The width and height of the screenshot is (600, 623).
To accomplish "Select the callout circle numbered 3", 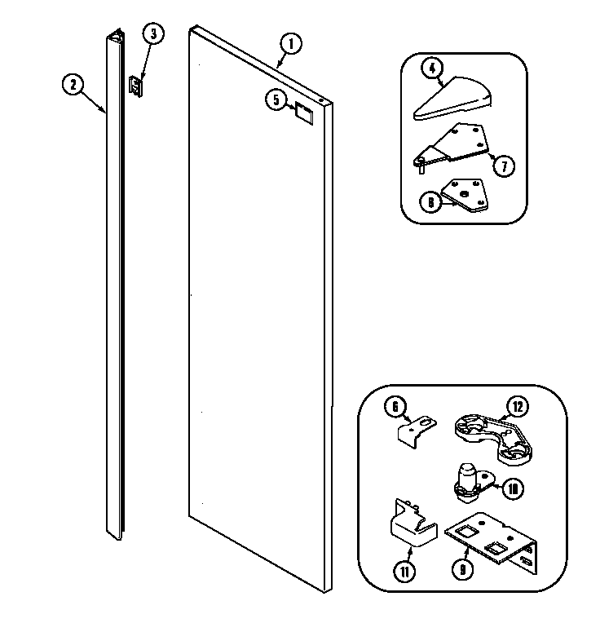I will tap(152, 34).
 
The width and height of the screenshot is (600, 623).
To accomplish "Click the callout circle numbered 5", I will tap(276, 99).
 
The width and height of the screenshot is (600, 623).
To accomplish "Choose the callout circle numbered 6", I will tap(394, 404).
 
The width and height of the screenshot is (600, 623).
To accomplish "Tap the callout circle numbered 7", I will tap(503, 166).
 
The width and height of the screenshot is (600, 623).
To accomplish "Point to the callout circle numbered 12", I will tap(515, 405).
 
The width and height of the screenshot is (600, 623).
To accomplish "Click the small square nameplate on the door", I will tap(303, 112).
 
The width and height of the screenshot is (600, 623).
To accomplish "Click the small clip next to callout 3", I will tap(137, 86).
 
